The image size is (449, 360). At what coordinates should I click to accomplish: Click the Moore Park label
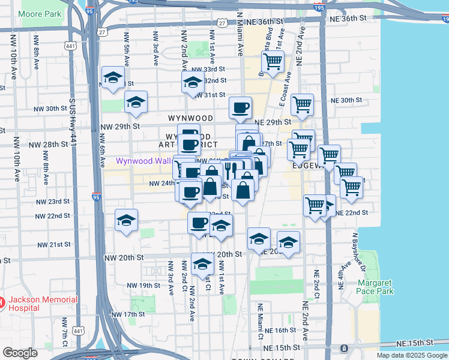(40, 13)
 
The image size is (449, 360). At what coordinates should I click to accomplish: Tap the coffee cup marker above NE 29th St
(240, 108)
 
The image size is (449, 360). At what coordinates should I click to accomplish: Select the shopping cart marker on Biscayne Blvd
(273, 61)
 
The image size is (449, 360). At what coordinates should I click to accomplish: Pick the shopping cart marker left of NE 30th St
(302, 104)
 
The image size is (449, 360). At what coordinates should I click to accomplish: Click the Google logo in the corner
(19, 353)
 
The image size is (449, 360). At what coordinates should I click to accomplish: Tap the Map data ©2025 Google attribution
(411, 355)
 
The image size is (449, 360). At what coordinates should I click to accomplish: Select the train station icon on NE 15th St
(343, 348)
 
